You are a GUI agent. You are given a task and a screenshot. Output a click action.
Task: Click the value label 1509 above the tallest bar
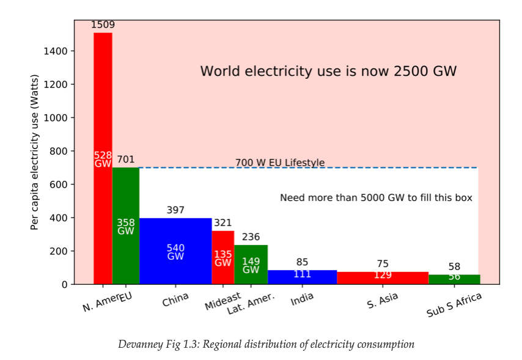click(x=103, y=25)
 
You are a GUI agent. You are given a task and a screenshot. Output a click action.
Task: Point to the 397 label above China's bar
click(x=175, y=210)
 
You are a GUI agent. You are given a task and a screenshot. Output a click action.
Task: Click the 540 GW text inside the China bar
click(x=175, y=252)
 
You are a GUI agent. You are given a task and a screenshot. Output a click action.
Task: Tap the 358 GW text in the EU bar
click(x=126, y=227)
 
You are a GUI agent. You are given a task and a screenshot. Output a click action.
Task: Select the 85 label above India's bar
click(x=302, y=263)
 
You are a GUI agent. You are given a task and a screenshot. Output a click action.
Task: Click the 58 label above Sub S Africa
click(x=454, y=266)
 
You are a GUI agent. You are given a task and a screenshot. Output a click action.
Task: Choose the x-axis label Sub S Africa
click(x=454, y=304)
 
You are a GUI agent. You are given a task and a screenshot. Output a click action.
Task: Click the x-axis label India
click(x=302, y=299)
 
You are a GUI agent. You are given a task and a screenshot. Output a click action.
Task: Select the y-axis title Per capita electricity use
click(x=35, y=152)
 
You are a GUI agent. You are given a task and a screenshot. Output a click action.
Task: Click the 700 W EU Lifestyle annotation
click(x=280, y=163)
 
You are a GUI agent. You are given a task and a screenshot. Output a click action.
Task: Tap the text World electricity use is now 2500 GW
click(x=328, y=72)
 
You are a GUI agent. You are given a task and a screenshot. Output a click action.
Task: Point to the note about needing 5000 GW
click(x=376, y=198)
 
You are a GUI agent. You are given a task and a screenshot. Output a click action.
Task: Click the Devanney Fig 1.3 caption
click(x=266, y=345)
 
